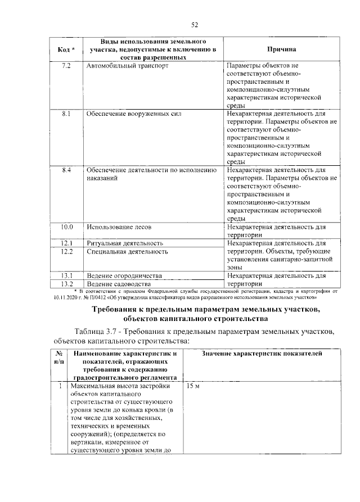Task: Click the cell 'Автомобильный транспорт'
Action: pos(127,66)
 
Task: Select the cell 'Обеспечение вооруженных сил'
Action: pos(133,114)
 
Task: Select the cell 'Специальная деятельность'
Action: pos(127,252)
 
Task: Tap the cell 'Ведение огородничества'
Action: pos(124,276)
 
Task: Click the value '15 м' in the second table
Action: pos(192,388)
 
